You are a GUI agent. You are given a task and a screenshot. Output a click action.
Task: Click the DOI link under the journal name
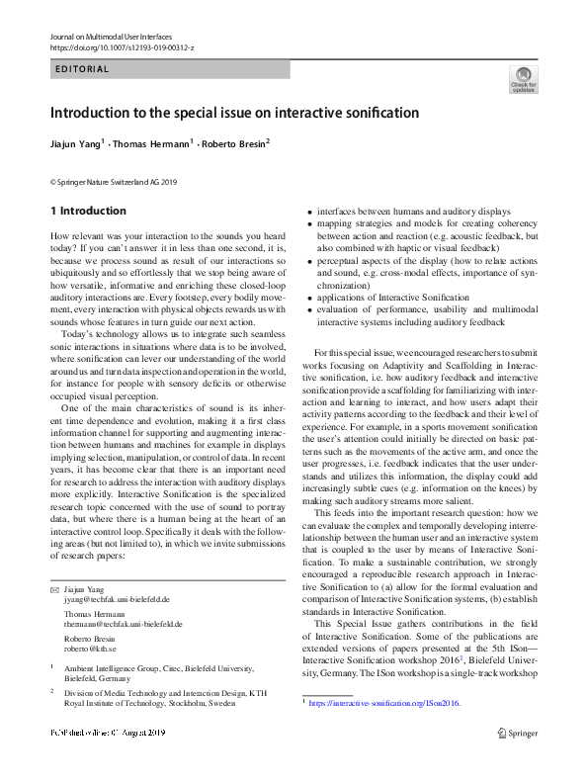(x=122, y=47)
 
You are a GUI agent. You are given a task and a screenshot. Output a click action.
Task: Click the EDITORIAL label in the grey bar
(x=83, y=70)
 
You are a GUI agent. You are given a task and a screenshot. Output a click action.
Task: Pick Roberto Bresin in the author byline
(x=231, y=144)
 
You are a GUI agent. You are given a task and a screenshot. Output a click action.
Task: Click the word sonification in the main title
(x=383, y=114)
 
